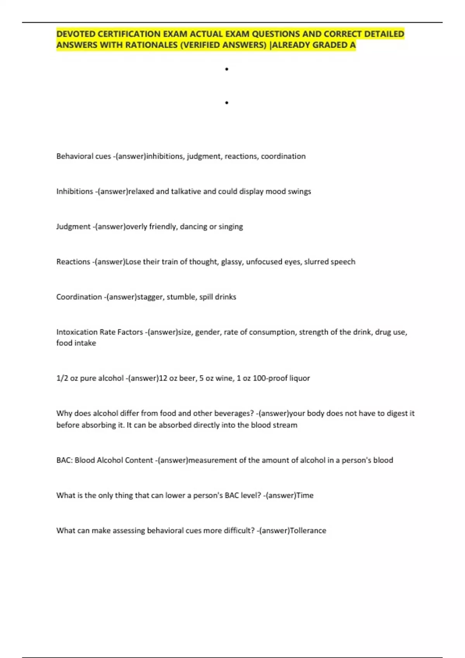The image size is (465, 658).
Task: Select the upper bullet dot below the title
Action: [227, 69]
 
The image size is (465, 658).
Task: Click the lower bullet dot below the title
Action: [227, 103]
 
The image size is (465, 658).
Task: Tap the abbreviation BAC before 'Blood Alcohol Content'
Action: [63, 460]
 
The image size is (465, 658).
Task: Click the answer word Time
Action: [305, 495]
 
